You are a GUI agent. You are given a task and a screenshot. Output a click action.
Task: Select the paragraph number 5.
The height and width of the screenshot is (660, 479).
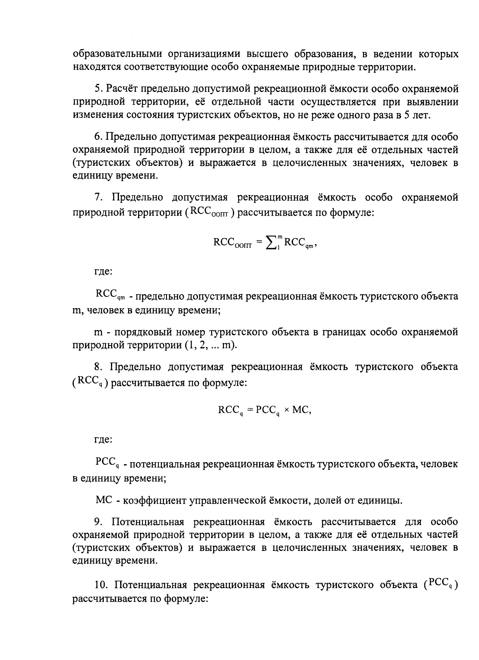(x=98, y=89)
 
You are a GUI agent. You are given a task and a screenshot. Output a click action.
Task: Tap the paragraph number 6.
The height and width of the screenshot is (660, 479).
(x=98, y=137)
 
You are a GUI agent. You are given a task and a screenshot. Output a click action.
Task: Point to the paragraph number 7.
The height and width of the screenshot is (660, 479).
(x=98, y=198)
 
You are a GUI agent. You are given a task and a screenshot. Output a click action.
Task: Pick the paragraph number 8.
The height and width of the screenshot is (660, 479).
(x=98, y=367)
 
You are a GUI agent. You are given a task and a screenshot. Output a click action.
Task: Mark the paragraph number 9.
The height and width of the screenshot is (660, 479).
(x=98, y=522)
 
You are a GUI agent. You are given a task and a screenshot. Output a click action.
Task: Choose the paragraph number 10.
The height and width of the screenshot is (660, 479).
(x=100, y=585)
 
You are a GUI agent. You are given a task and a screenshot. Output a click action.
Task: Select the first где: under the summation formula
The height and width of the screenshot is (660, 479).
(x=103, y=272)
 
